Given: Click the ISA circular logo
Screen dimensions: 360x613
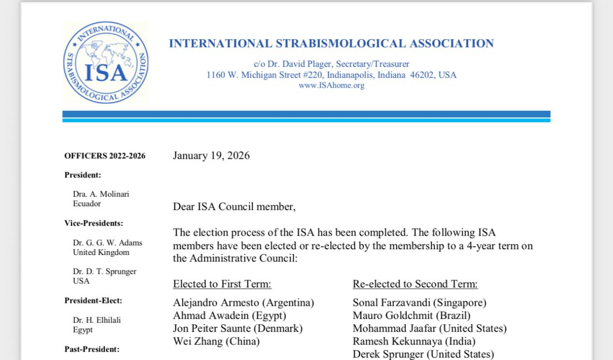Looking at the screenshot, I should pyautogui.click(x=105, y=62).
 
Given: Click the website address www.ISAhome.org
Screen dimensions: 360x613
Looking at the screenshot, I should pyautogui.click(x=331, y=86).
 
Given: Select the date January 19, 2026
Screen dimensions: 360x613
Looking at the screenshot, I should pyautogui.click(x=211, y=155).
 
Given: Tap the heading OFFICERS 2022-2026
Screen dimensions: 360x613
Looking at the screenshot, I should pyautogui.click(x=105, y=156).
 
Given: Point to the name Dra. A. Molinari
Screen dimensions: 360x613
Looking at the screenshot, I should pyautogui.click(x=101, y=194).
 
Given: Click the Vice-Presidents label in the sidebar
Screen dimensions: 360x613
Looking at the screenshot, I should pyautogui.click(x=93, y=223).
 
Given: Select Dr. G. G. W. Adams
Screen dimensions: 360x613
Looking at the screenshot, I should pyautogui.click(x=107, y=243).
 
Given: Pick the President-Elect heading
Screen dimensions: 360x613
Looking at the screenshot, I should pyautogui.click(x=93, y=300).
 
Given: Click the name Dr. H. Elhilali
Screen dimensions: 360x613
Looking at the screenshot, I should pyautogui.click(x=97, y=320).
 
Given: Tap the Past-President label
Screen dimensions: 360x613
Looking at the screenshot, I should pyautogui.click(x=91, y=349).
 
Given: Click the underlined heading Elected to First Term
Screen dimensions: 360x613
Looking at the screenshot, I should pyautogui.click(x=222, y=284).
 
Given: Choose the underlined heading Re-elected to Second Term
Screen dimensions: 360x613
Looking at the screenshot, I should pyautogui.click(x=415, y=284).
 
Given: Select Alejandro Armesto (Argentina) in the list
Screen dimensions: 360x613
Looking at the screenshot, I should pyautogui.click(x=243, y=303).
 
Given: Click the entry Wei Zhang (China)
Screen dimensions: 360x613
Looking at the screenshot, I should pyautogui.click(x=216, y=342).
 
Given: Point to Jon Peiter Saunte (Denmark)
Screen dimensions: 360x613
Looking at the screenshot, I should pyautogui.click(x=238, y=329).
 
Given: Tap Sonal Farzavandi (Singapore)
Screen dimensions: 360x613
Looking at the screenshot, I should pyautogui.click(x=419, y=303).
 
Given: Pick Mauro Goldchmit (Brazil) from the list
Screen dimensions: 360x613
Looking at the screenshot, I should pyautogui.click(x=411, y=316).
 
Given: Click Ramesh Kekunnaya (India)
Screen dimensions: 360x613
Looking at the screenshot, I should pyautogui.click(x=414, y=342).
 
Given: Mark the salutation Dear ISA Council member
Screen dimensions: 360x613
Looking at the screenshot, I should pyautogui.click(x=234, y=207).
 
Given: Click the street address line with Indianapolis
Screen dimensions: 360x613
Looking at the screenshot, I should pyautogui.click(x=331, y=75).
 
